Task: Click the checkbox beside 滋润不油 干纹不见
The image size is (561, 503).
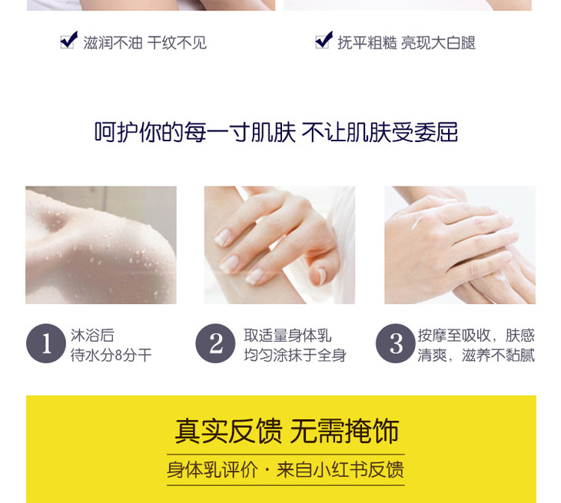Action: click(x=68, y=40)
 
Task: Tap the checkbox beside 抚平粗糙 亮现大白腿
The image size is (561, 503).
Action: click(x=324, y=40)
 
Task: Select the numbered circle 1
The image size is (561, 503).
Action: click(x=46, y=343)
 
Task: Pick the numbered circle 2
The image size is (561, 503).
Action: click(x=215, y=343)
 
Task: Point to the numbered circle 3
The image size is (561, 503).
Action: click(x=395, y=343)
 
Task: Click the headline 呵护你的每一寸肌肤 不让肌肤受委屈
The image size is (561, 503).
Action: click(x=276, y=132)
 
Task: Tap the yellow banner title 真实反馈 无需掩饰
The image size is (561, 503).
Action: click(x=287, y=431)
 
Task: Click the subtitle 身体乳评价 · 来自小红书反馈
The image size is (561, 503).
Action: click(x=286, y=470)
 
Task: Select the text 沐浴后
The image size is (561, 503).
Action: click(x=92, y=336)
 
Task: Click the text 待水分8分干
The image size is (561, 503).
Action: click(x=111, y=356)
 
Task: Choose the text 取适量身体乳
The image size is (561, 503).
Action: click(x=287, y=336)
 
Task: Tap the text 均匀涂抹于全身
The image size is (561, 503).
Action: click(x=295, y=356)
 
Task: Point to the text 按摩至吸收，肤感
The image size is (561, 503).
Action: click(x=476, y=336)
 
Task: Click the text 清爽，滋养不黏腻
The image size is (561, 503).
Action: click(x=476, y=356)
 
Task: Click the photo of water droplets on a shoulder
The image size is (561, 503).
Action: click(x=101, y=245)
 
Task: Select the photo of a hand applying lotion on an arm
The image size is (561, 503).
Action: click(x=280, y=245)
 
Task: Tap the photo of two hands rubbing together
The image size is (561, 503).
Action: click(x=460, y=245)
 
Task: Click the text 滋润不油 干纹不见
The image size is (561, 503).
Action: click(x=145, y=43)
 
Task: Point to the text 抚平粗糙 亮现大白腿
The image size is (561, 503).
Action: click(x=407, y=43)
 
